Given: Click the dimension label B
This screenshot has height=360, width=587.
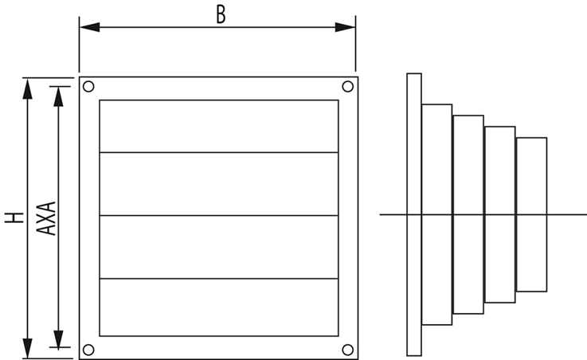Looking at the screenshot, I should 221,14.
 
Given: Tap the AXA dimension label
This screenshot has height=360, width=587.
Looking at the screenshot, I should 46,217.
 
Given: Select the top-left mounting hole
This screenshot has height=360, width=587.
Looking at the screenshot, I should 88,86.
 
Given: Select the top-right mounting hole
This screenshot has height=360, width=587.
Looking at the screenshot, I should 347,86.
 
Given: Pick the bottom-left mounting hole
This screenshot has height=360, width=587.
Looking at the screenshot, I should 88,349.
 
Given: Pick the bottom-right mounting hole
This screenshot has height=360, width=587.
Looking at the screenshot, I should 347,349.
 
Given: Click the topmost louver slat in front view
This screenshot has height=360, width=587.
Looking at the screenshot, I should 218,126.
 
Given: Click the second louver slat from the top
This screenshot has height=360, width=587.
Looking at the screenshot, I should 218,183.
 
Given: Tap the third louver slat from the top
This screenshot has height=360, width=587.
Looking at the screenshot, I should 218,247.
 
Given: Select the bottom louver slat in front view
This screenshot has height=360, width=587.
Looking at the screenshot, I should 218,307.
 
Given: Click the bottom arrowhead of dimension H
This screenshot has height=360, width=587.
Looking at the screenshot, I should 28,348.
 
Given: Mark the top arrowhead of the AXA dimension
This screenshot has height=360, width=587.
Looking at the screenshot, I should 57,95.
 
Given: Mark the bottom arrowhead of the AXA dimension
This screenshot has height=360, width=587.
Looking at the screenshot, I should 57,338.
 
